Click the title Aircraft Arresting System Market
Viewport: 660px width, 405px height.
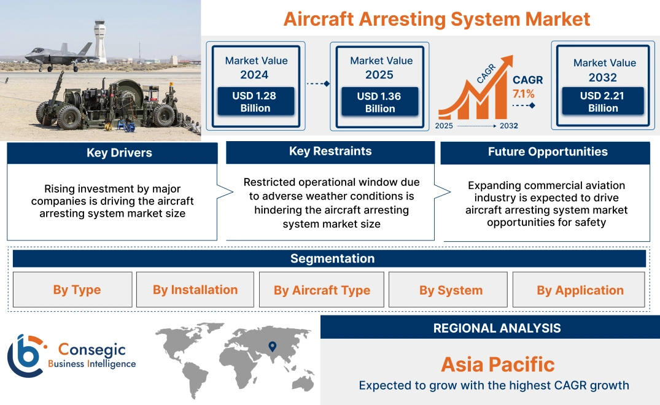point(437,18)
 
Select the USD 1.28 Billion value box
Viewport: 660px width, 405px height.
point(255,102)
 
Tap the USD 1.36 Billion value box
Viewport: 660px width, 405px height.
point(380,102)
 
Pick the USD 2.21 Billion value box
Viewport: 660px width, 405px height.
point(603,102)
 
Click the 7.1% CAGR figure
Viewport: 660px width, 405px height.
point(523,94)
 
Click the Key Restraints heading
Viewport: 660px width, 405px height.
point(330,152)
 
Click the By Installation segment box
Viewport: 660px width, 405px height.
point(195,290)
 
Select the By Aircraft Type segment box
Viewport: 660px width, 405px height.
point(322,290)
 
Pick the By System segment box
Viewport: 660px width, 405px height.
point(451,290)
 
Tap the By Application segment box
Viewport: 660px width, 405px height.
point(580,290)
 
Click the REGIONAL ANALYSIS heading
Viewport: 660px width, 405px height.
point(497,328)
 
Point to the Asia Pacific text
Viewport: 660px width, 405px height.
point(497,364)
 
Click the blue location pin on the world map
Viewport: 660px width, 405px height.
point(272,347)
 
